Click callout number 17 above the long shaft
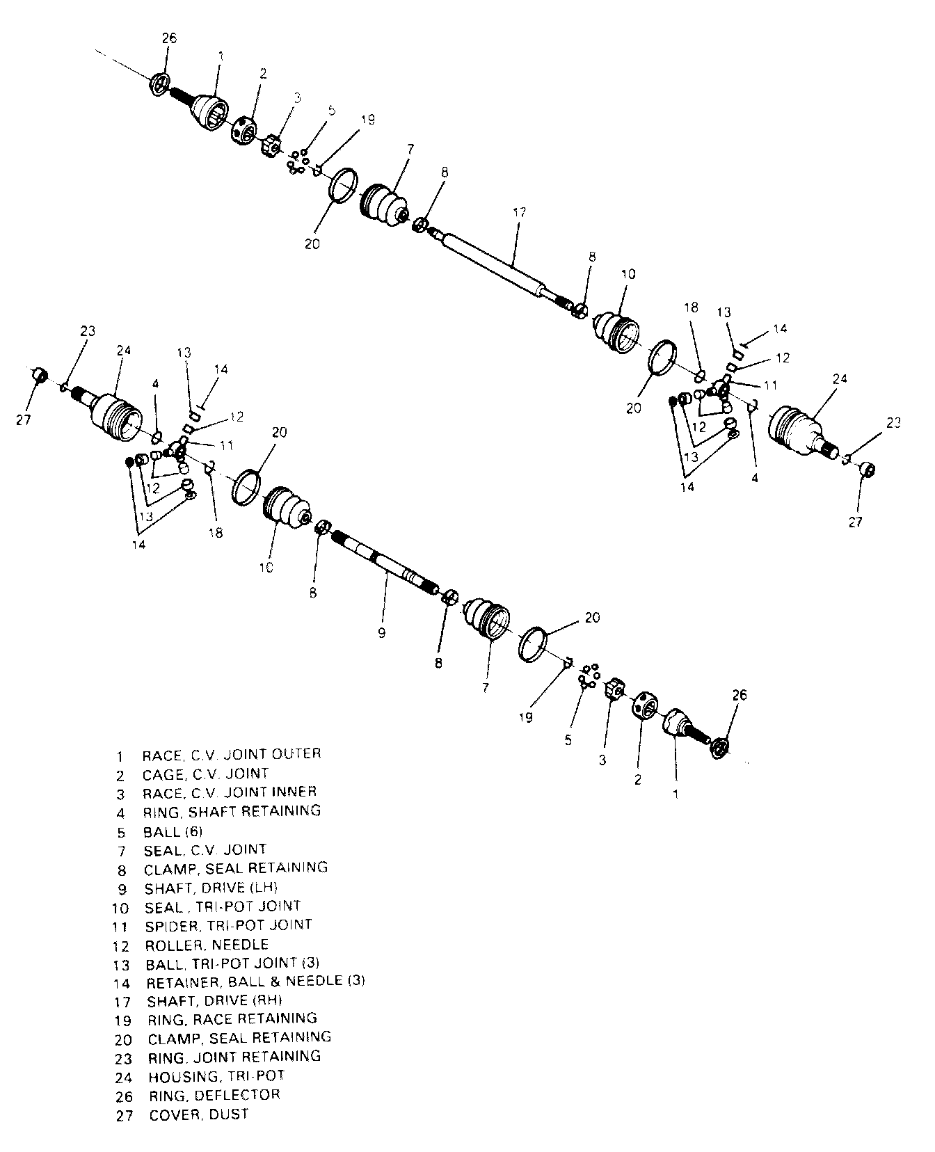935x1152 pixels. click(x=519, y=213)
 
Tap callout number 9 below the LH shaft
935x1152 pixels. click(x=381, y=633)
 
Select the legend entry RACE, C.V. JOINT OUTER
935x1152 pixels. click(x=231, y=754)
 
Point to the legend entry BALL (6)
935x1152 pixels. click(x=173, y=831)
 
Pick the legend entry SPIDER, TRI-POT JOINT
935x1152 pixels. click(x=228, y=925)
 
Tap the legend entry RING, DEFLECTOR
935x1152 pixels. click(x=214, y=1095)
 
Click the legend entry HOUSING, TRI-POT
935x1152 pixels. click(x=216, y=1076)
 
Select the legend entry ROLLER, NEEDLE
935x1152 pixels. click(x=207, y=945)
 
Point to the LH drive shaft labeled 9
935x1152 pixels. click(x=386, y=563)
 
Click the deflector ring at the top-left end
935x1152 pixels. click(x=160, y=83)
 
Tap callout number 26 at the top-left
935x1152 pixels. click(x=169, y=38)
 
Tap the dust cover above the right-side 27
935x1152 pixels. click(x=866, y=470)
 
